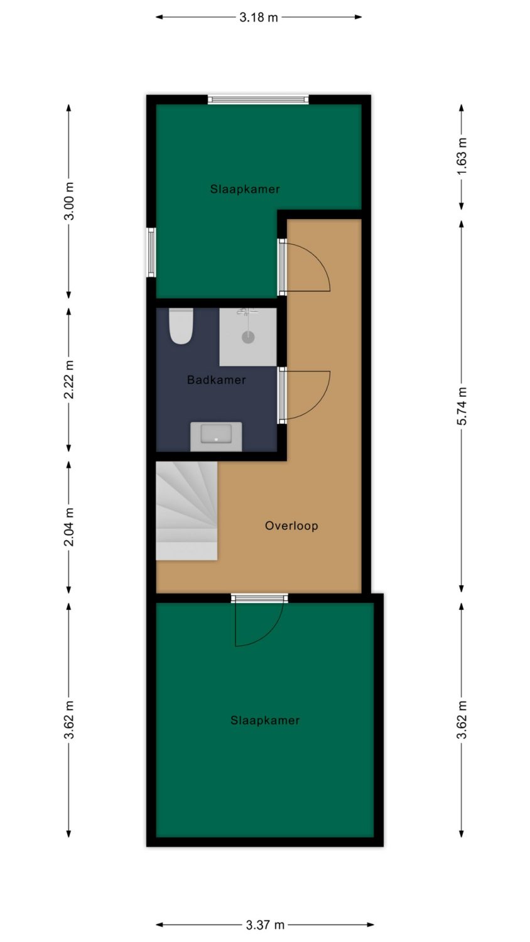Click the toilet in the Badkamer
181,326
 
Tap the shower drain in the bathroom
248,337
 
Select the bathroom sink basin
216,433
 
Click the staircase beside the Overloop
187,511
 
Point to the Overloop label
291,526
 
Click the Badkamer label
217,380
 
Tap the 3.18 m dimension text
259,17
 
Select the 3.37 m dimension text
265,925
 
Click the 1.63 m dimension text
462,156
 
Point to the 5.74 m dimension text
462,406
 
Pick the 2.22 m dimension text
68,379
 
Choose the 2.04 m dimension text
68,527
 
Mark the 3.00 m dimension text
68,201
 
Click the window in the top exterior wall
258,100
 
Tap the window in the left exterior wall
151,252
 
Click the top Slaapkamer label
246,189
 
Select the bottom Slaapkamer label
265,720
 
